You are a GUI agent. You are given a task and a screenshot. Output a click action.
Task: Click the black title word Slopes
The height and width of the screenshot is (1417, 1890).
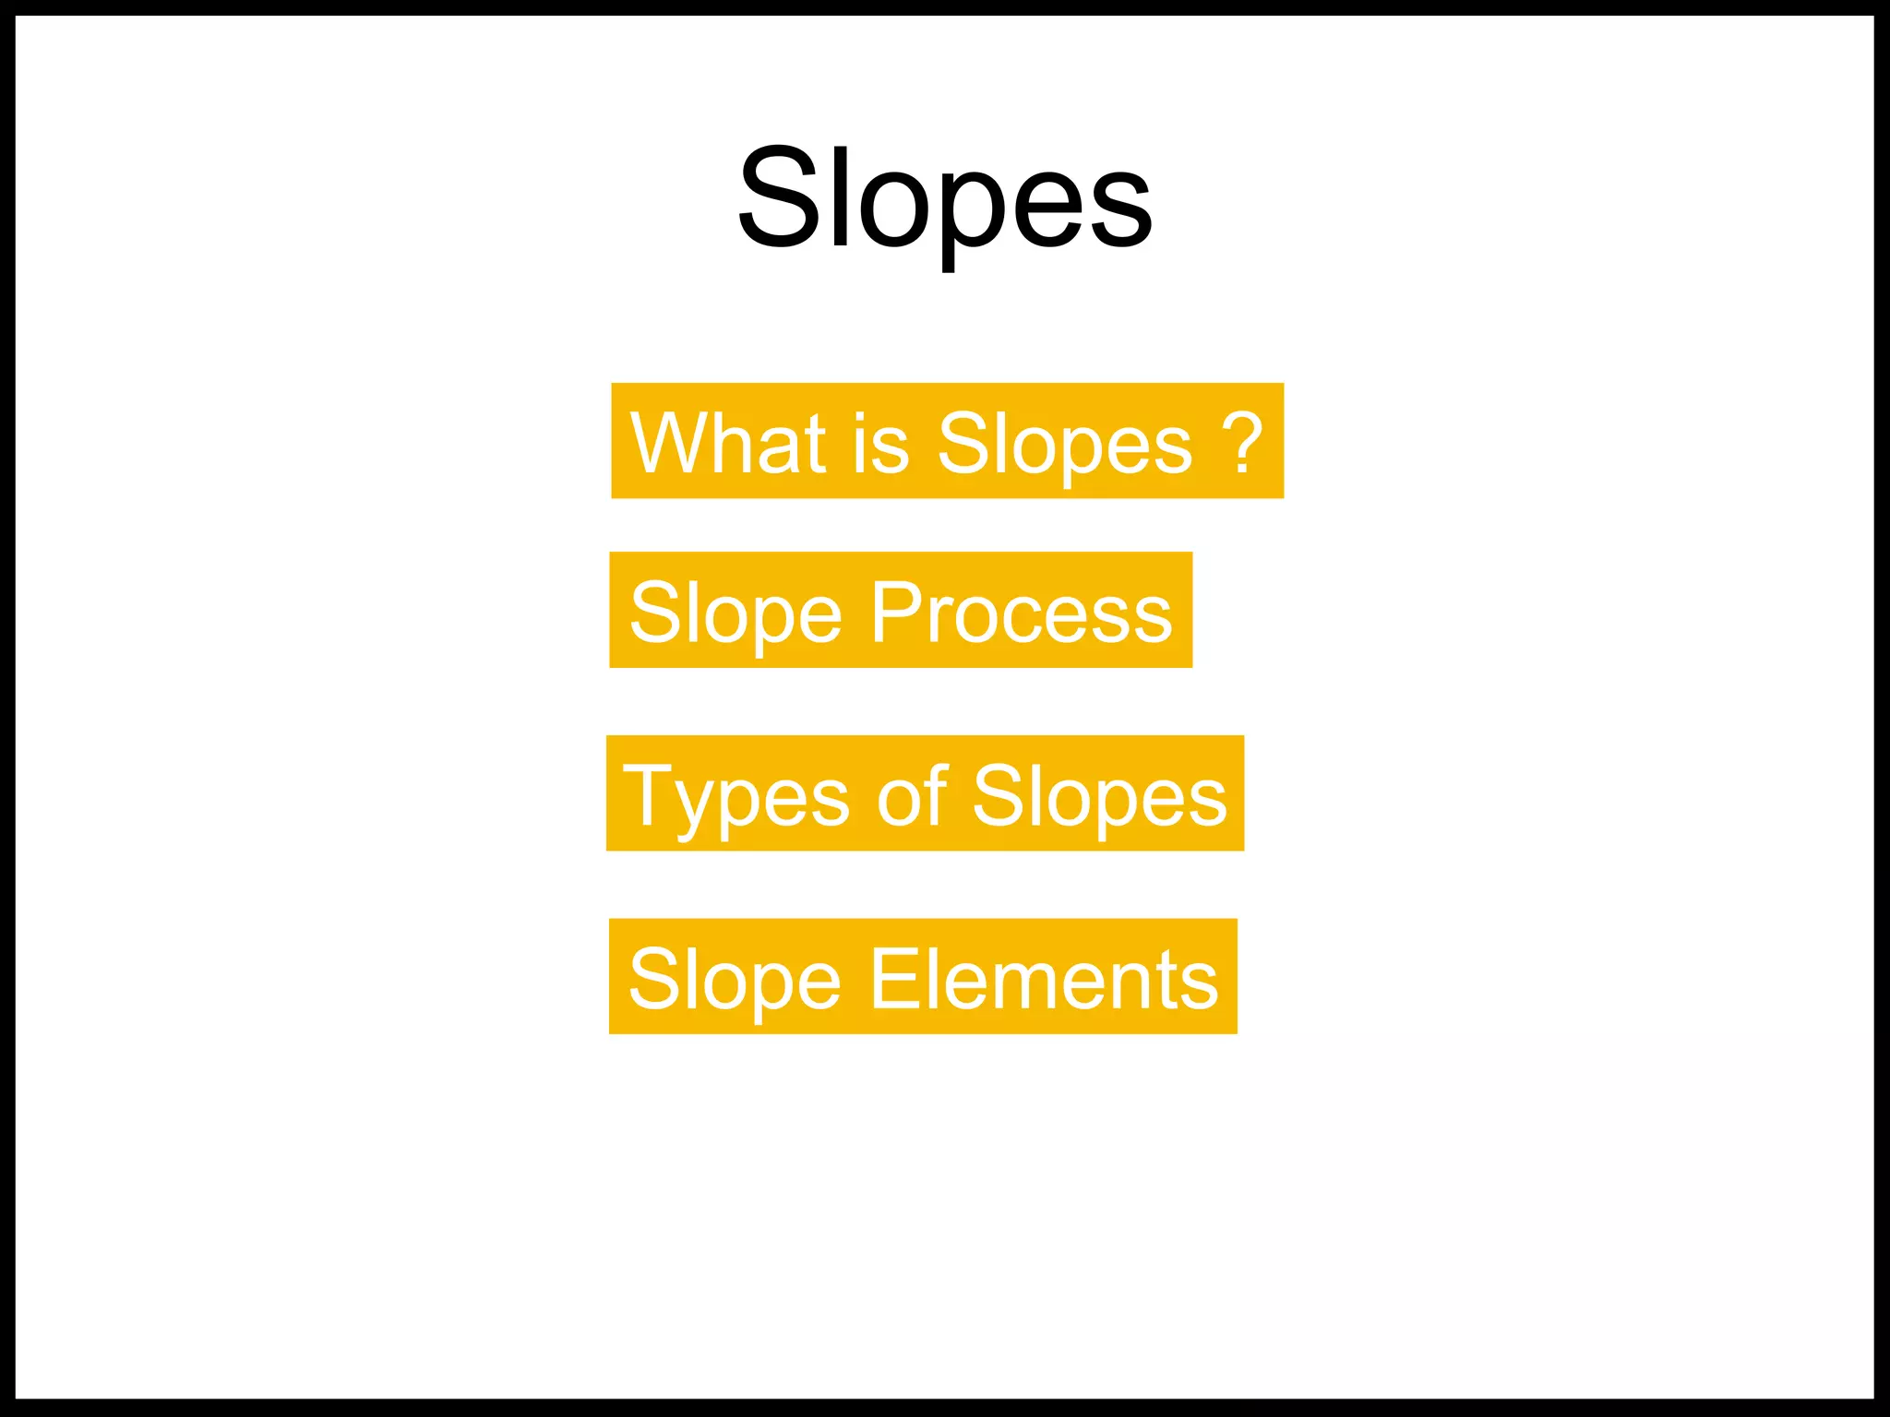pyautogui.click(x=945, y=198)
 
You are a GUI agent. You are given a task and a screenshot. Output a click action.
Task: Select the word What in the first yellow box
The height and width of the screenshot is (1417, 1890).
pyautogui.click(x=727, y=443)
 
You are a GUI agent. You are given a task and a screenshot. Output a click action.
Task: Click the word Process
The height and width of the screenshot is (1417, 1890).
pyautogui.click(x=1022, y=613)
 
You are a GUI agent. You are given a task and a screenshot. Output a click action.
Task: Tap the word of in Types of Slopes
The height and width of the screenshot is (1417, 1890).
pyautogui.click(x=912, y=795)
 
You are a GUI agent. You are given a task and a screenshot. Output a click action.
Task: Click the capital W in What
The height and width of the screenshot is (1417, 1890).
pyautogui.click(x=672, y=443)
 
